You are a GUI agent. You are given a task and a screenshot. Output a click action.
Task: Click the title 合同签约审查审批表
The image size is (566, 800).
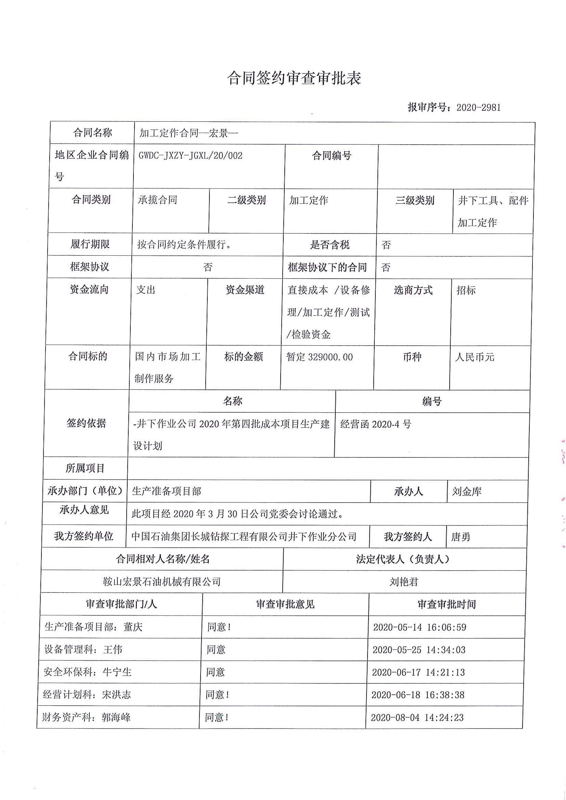[x=294, y=78]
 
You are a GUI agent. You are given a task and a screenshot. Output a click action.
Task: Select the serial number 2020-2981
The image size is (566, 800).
[x=478, y=108]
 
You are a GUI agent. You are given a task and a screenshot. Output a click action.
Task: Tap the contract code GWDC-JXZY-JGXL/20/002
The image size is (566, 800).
[x=190, y=156]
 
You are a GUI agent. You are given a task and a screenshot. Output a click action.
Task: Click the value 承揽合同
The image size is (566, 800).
[x=158, y=200]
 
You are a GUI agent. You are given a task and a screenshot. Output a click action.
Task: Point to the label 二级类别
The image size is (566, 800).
[x=247, y=200]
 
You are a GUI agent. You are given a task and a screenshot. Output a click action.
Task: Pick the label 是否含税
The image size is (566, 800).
[x=330, y=245]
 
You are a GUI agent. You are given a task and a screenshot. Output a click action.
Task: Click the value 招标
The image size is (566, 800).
[x=466, y=290]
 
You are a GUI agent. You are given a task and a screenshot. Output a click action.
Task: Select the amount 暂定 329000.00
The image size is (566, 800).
[x=319, y=357]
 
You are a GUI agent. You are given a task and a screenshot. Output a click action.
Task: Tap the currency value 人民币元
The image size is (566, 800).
[x=475, y=357]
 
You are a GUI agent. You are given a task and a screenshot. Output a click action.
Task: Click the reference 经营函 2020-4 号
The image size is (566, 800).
[x=376, y=424]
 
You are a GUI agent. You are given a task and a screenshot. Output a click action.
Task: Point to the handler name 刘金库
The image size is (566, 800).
[x=467, y=492]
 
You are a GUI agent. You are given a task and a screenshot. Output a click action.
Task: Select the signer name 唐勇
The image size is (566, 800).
[x=461, y=537]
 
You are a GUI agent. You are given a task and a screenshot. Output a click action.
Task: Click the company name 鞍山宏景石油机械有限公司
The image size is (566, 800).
[x=162, y=582]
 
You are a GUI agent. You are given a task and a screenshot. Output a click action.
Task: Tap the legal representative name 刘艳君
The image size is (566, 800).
[x=404, y=582]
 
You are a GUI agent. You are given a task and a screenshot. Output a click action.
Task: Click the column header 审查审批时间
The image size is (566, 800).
[x=447, y=604]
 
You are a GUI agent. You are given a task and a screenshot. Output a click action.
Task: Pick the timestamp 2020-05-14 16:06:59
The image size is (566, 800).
[x=420, y=627]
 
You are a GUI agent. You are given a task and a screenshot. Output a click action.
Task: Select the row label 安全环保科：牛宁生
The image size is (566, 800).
[x=88, y=672]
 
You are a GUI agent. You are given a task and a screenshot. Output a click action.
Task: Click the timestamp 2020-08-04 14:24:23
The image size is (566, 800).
[x=417, y=717]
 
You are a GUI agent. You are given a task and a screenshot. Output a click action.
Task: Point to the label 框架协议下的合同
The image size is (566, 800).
[x=327, y=268]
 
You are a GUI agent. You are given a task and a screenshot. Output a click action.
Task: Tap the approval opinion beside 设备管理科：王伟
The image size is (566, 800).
[x=216, y=650]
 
